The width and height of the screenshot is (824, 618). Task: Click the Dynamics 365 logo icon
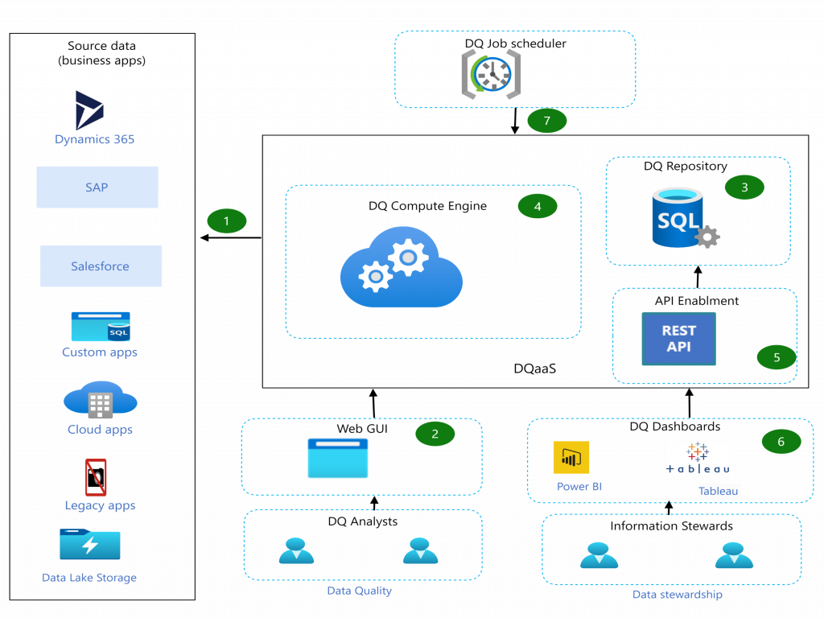[89, 110]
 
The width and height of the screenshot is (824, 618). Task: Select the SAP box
[97, 187]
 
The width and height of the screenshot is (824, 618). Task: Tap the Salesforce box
[101, 266]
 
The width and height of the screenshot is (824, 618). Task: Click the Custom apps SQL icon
[101, 327]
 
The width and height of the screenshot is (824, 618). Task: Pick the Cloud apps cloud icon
[101, 400]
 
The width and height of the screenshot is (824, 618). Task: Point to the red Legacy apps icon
[96, 477]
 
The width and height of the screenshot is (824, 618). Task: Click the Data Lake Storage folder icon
[90, 544]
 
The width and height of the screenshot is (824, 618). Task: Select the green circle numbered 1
[226, 220]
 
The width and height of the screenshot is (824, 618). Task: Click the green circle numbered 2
[435, 434]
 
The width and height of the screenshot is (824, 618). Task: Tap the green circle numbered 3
[744, 187]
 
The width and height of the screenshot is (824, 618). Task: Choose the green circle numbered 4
[537, 207]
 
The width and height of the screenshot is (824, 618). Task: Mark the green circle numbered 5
[776, 357]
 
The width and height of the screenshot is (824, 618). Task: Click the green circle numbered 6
[781, 441]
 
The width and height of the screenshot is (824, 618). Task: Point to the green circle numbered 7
[546, 121]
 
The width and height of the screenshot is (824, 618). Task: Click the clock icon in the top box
[491, 75]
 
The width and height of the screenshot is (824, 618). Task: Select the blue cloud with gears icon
[402, 268]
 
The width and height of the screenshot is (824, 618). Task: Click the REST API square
[678, 339]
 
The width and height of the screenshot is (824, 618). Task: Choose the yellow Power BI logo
[571, 457]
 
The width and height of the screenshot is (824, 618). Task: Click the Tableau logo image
[697, 458]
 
